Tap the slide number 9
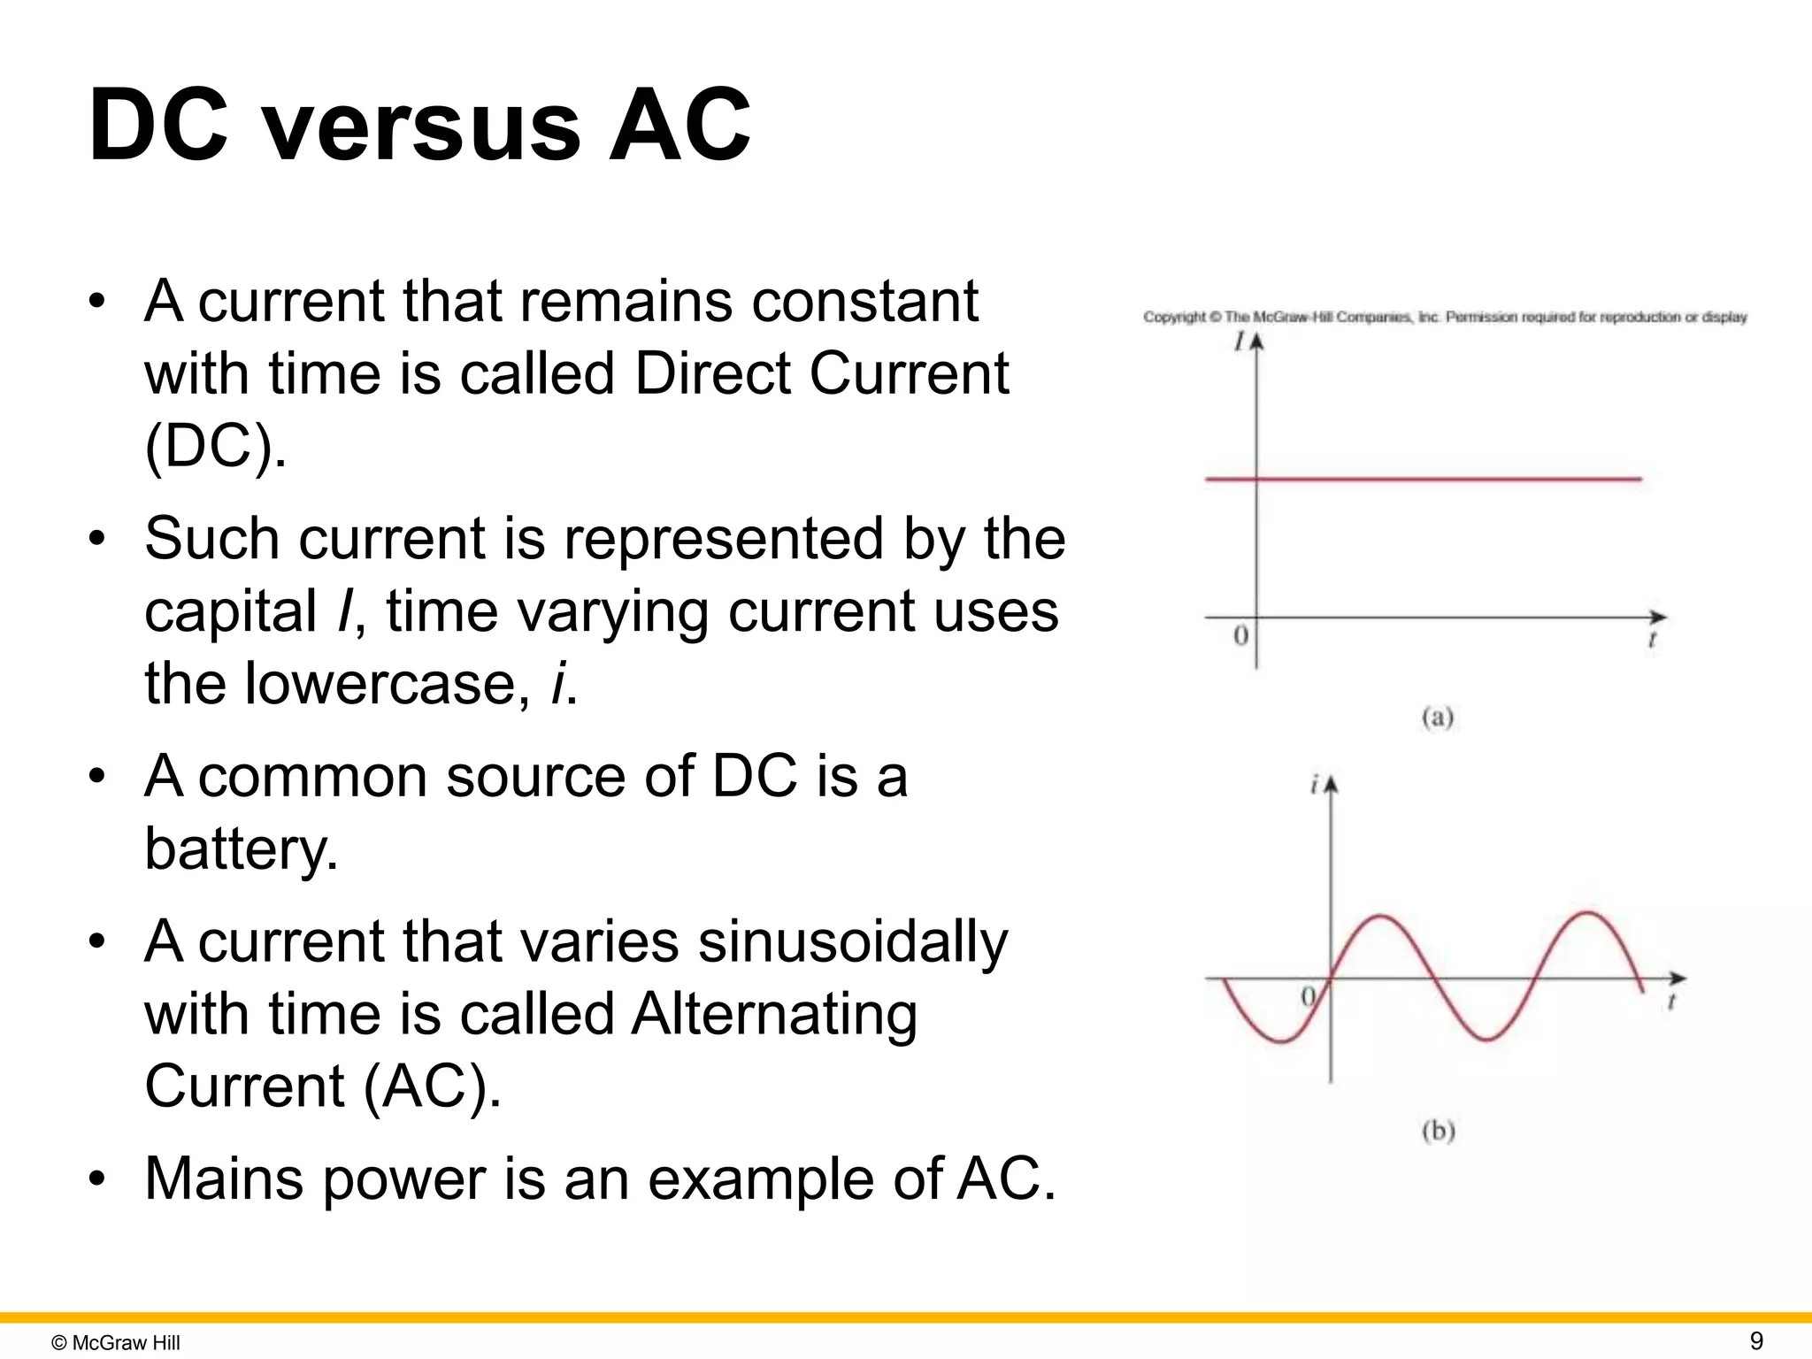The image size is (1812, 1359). point(1756,1340)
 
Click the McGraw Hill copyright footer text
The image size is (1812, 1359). point(116,1343)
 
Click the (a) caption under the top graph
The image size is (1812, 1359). point(1438,717)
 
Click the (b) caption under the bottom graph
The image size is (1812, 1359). point(1438,1131)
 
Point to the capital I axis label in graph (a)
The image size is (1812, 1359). point(1240,341)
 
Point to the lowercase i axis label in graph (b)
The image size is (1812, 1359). point(1315,784)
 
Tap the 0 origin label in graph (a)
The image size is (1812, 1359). point(1240,635)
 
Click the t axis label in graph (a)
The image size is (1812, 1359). point(1652,639)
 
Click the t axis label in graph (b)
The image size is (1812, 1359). point(1671,1002)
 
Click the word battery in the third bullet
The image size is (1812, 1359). point(240,848)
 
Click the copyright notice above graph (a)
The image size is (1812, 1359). point(1444,317)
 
